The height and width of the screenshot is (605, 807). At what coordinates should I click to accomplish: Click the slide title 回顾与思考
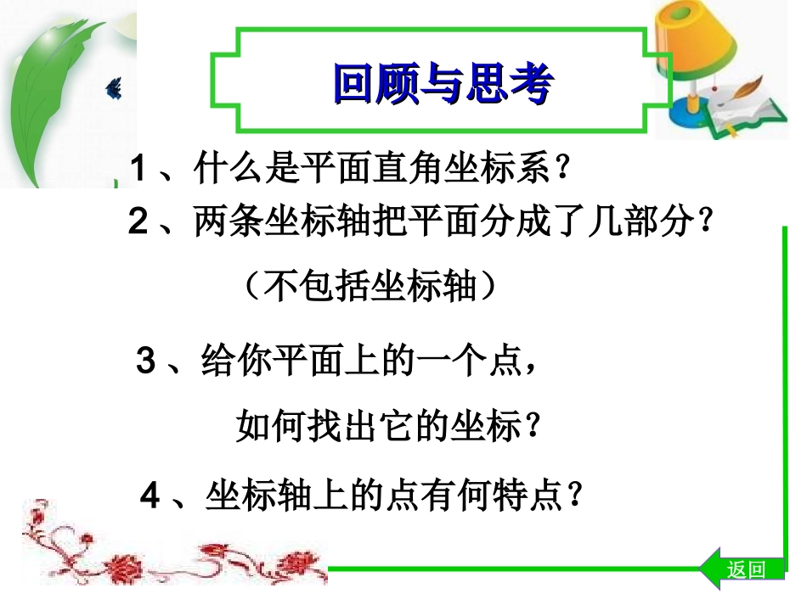click(x=443, y=85)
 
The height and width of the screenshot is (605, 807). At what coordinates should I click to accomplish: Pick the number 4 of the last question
click(x=150, y=496)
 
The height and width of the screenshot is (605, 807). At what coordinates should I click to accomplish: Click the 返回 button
click(x=746, y=569)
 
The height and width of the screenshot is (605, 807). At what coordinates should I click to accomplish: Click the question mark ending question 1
click(x=559, y=170)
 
